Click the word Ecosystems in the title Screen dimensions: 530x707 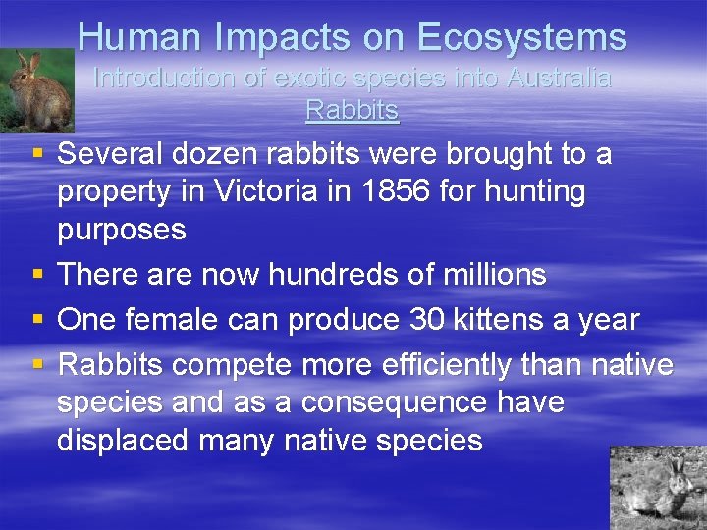pyautogui.click(x=521, y=37)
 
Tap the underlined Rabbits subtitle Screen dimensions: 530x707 pyautogui.click(x=353, y=110)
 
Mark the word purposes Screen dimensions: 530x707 pyautogui.click(x=122, y=230)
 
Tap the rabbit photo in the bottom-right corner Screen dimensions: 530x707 pyautogui.click(x=658, y=488)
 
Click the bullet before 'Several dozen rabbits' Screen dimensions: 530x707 pyautogui.click(x=36, y=154)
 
